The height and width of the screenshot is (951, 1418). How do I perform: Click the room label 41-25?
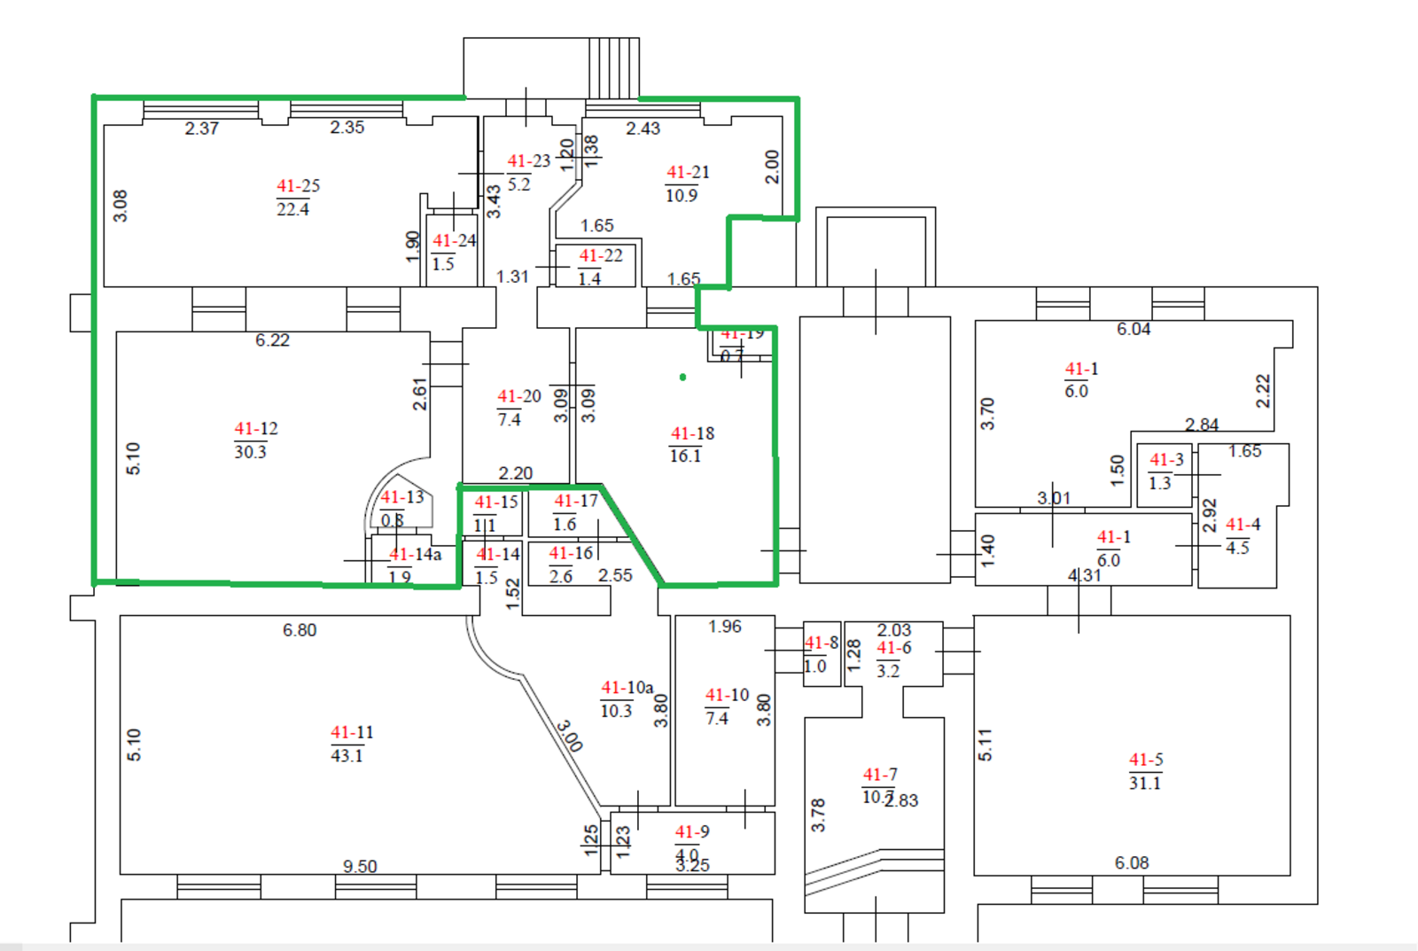[298, 186]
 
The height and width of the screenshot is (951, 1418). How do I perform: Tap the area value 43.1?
[347, 756]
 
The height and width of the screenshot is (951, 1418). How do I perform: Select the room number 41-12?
[256, 429]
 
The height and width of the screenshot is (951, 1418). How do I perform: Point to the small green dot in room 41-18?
[682, 378]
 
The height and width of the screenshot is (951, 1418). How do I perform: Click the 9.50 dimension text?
[360, 866]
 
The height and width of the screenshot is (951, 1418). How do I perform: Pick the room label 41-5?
[1146, 760]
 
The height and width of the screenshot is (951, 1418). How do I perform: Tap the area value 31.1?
[1144, 783]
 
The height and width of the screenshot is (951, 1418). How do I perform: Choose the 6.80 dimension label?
[300, 630]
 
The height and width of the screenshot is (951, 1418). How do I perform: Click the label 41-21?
[688, 173]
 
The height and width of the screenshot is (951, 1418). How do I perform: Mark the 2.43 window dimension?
[643, 129]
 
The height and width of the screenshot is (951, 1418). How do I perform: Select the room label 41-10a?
[627, 688]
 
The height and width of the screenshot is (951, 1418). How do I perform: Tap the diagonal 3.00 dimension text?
[569, 736]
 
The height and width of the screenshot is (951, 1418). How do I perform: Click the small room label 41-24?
[454, 241]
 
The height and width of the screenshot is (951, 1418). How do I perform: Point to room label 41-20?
[518, 397]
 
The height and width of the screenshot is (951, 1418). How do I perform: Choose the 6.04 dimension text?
[1134, 330]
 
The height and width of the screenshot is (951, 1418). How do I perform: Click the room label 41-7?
[880, 776]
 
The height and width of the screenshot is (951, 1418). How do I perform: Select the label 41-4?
[1243, 525]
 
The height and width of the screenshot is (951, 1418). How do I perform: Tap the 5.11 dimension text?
[986, 744]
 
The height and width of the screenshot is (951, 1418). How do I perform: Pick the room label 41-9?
[692, 832]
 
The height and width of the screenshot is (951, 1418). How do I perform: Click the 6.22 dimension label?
[272, 340]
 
